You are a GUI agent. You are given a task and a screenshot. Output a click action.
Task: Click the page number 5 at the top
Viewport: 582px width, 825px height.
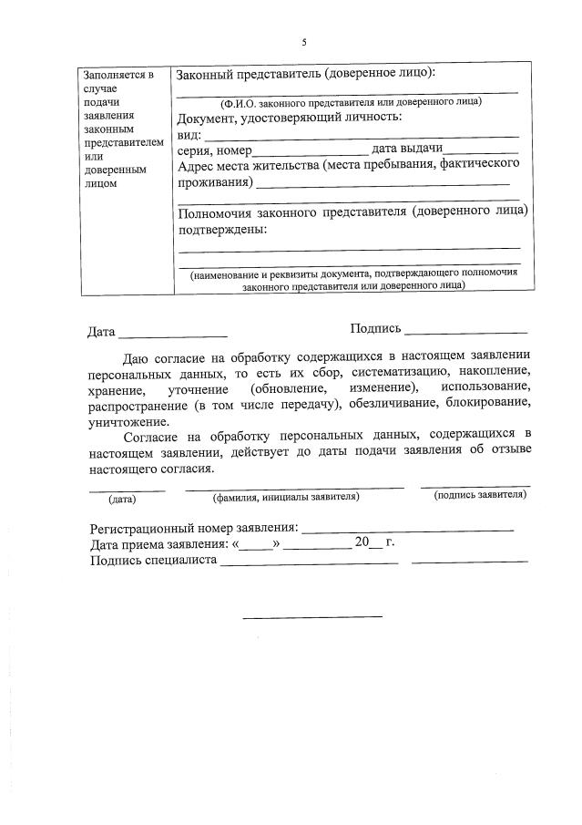point(305,42)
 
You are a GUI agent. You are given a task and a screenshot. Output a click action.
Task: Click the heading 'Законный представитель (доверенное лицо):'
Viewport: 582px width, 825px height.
point(306,73)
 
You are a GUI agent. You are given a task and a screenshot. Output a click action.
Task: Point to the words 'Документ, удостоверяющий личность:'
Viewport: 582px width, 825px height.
point(290,118)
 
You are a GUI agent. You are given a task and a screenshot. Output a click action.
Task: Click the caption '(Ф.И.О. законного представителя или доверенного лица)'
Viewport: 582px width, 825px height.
point(351,101)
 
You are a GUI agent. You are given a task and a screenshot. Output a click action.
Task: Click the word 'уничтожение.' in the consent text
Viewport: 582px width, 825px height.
point(128,421)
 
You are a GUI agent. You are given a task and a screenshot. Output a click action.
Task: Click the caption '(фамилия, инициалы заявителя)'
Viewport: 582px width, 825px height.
point(285,497)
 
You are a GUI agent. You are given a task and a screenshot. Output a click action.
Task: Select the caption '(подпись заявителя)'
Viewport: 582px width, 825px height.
point(479,494)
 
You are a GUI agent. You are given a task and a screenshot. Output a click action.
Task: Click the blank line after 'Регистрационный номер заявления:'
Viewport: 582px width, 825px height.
point(407,530)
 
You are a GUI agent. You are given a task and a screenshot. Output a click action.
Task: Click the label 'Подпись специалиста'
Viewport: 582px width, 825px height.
point(152,560)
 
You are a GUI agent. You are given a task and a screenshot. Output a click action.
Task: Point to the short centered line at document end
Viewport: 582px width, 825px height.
point(311,616)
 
